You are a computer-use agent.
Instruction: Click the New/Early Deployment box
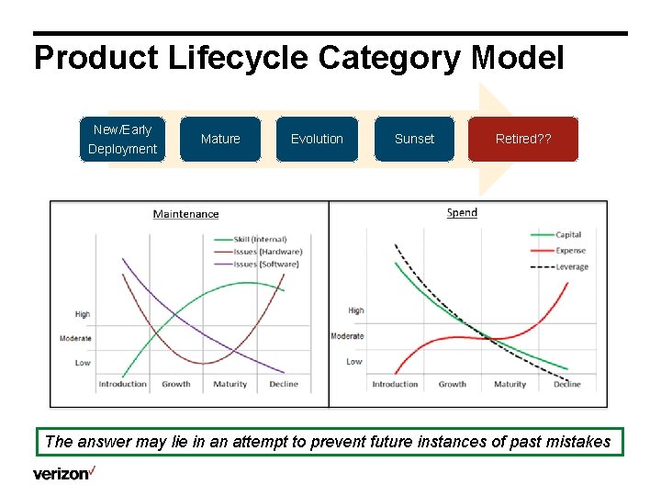pyautogui.click(x=122, y=139)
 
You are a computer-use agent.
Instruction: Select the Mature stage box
pyautogui.click(x=220, y=139)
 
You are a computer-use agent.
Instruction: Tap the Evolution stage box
pyautogui.click(x=317, y=139)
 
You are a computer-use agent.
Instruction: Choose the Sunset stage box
pyautogui.click(x=414, y=139)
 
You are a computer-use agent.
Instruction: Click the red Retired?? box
pyautogui.click(x=523, y=139)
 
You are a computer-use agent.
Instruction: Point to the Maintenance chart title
pyautogui.click(x=185, y=214)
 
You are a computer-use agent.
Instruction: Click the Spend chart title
pyautogui.click(x=462, y=212)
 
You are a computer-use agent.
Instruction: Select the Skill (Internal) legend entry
pyautogui.click(x=260, y=240)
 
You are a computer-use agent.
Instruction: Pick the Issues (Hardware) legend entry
pyautogui.click(x=267, y=252)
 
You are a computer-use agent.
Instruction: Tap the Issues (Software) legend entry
pyautogui.click(x=266, y=265)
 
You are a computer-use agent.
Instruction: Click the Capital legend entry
pyautogui.click(x=568, y=235)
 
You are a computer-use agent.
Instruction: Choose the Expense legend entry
pyautogui.click(x=571, y=251)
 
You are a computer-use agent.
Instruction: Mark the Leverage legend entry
pyautogui.click(x=572, y=266)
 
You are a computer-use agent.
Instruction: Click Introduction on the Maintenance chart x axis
pyautogui.click(x=122, y=384)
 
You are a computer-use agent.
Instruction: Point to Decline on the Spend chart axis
pyautogui.click(x=566, y=384)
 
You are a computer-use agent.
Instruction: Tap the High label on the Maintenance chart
pyautogui.click(x=83, y=314)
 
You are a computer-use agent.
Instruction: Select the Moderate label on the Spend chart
pyautogui.click(x=347, y=336)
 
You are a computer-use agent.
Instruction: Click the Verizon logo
pyautogui.click(x=64, y=474)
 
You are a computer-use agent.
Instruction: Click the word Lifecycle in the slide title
pyautogui.click(x=241, y=58)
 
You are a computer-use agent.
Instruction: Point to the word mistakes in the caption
pyautogui.click(x=575, y=442)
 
